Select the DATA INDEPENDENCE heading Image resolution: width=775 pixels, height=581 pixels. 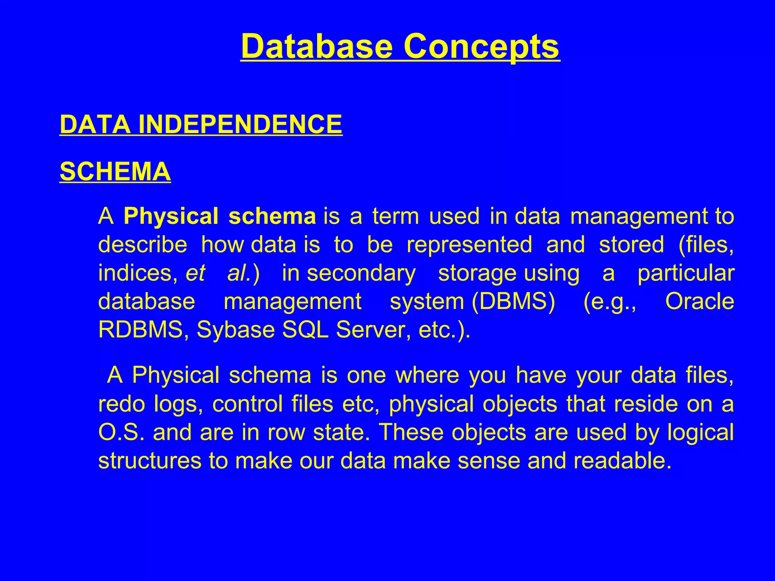tap(201, 124)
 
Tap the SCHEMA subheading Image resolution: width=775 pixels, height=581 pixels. tap(115, 172)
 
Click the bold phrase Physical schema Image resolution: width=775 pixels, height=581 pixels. tap(219, 216)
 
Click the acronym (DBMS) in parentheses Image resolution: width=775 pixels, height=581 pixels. tap(514, 301)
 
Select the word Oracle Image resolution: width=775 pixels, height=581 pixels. tap(699, 301)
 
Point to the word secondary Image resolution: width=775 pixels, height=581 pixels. tap(361, 273)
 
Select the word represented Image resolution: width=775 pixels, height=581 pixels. tap(469, 245)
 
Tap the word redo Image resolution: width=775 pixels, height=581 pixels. tap(121, 404)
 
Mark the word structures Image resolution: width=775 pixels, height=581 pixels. tap(150, 461)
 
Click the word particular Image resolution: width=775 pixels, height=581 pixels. tap(686, 273)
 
